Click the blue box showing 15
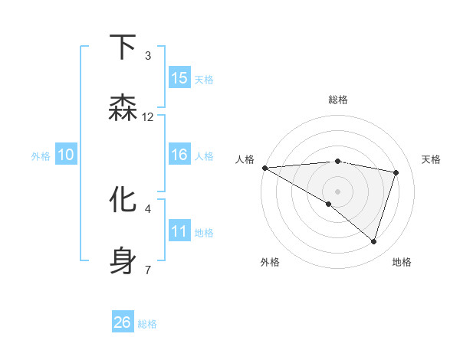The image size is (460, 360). coord(179,78)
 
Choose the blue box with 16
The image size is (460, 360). coord(179,155)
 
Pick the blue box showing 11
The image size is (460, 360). coord(179,231)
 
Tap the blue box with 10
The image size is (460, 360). coord(66,155)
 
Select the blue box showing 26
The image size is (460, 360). coord(123,322)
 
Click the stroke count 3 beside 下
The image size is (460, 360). coord(148,55)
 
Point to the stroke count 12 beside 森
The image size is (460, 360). coord(148,116)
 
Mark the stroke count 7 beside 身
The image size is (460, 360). coord(148,269)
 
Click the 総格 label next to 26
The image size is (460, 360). coord(147,324)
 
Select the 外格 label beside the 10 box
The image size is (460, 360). coord(41,156)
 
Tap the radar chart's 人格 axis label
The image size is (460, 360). coord(245,159)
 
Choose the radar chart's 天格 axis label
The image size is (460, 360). coord(432,159)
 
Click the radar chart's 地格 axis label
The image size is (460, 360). coord(402,262)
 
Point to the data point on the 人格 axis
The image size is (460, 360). coord(264,167)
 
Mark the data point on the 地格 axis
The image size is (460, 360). coord(374,241)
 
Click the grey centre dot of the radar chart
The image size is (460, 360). coord(337,191)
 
